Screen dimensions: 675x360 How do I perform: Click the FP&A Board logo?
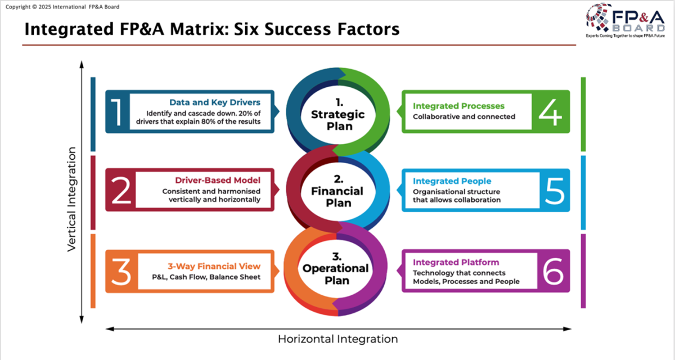click(625, 20)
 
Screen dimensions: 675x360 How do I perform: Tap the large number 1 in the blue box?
click(117, 112)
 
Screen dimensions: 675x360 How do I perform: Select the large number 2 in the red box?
click(121, 190)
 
